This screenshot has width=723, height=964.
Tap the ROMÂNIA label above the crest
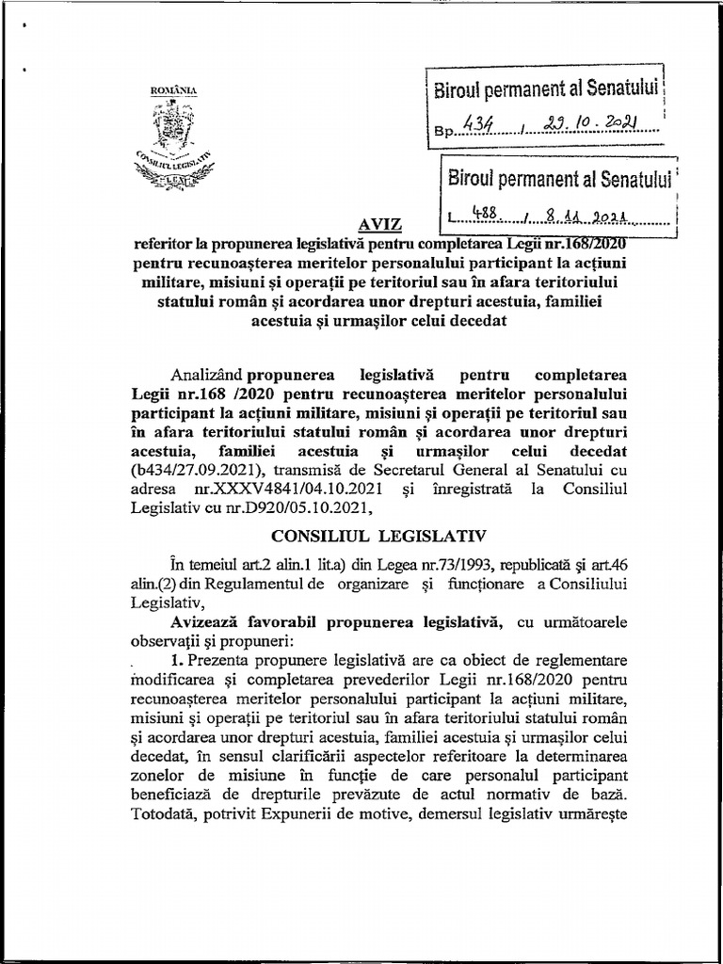(x=173, y=89)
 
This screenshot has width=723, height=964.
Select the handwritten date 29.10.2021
(x=588, y=123)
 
